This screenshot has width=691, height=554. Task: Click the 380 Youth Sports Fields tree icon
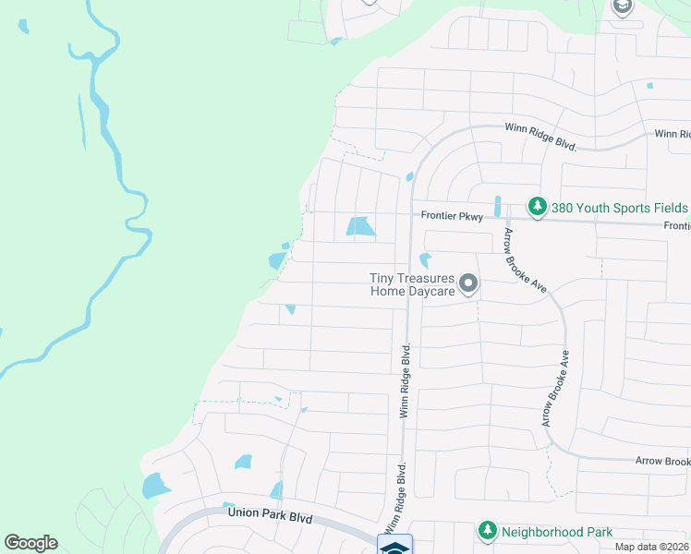(535, 204)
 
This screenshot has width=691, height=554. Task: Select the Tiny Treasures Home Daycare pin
(468, 283)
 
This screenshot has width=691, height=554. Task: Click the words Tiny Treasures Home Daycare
(412, 284)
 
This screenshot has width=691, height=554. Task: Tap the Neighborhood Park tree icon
(486, 531)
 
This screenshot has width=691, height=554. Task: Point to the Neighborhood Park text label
(556, 532)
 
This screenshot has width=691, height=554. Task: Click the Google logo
(30, 543)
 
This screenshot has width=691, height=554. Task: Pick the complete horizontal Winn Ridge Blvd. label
(540, 137)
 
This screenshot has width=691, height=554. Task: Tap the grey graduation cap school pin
(623, 6)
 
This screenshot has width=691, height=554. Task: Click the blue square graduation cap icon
(394, 547)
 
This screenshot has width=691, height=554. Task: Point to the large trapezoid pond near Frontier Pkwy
(359, 226)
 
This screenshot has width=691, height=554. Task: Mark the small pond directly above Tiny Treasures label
(426, 260)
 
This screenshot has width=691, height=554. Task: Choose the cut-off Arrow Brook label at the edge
(662, 461)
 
